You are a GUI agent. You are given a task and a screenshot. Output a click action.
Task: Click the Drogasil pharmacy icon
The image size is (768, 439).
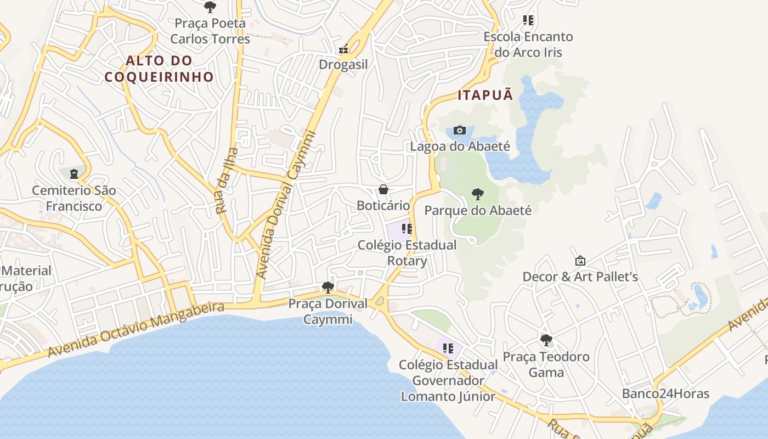344,49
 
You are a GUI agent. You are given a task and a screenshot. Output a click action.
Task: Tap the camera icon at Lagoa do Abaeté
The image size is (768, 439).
460,131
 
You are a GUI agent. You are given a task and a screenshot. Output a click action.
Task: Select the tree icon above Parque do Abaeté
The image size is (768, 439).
478,194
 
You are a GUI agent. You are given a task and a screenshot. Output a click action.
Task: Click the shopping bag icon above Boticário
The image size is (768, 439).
383,190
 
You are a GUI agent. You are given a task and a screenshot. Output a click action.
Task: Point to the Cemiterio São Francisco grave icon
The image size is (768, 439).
74,175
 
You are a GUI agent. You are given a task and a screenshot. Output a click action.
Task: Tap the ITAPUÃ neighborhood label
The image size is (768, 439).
485,95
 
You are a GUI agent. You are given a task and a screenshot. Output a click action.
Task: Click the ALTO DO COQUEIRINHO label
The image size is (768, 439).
159,69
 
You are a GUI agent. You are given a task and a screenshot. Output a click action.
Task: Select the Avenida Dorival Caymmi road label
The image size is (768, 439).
286,204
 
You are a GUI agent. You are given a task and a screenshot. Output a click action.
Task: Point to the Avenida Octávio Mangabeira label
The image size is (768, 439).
136,329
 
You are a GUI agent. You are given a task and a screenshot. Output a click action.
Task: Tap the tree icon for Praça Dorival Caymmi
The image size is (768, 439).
328,287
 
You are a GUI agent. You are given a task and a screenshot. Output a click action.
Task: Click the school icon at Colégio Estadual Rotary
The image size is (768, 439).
406,229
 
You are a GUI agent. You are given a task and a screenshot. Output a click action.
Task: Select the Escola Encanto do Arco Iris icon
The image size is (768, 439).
528,21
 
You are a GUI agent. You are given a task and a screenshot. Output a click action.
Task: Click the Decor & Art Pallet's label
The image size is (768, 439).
580,277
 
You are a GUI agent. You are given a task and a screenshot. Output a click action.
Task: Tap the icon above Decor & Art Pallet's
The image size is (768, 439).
580,261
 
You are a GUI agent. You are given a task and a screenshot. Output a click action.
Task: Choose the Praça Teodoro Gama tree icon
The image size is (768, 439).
546,340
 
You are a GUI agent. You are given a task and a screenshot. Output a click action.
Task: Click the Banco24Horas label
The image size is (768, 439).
665,393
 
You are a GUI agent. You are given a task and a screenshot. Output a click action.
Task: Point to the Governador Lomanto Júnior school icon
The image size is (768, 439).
448,348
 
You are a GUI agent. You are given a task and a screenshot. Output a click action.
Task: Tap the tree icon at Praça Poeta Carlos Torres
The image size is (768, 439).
210,7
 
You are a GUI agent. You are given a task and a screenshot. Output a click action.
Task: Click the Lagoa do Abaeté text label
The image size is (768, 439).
460,147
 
